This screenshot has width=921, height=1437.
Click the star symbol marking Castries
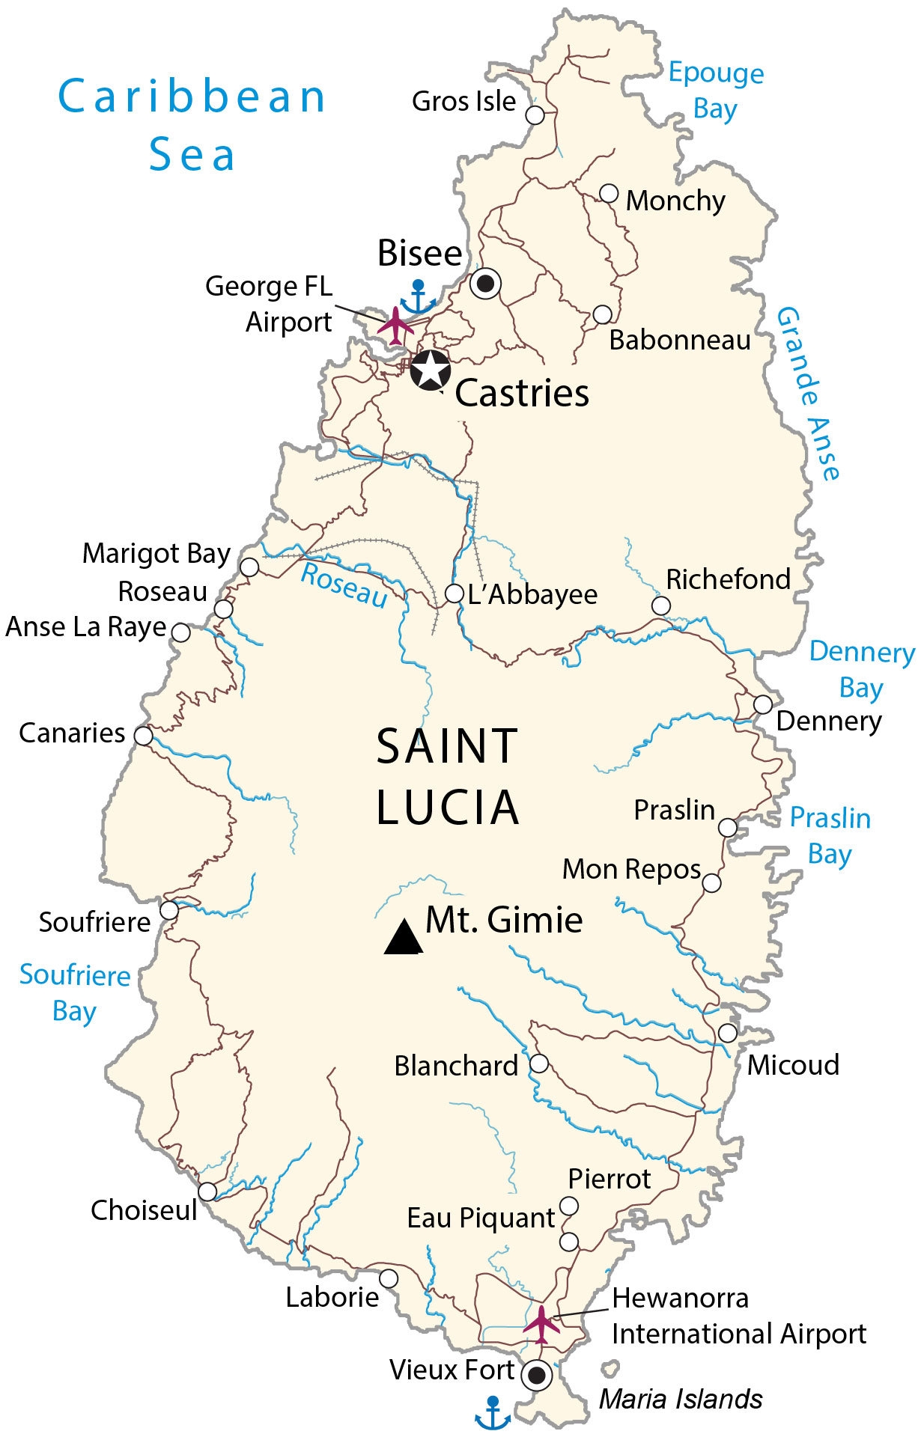tap(431, 370)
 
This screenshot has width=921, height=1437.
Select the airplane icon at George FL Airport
tap(396, 325)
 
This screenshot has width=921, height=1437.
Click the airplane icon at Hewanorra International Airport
tap(541, 1323)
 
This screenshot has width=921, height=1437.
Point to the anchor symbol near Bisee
tap(418, 298)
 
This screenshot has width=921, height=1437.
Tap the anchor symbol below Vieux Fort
tap(493, 1413)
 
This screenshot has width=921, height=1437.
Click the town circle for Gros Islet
tap(535, 115)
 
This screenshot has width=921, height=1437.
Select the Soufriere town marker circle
tap(170, 910)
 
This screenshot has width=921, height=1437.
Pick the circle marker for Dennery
tap(762, 704)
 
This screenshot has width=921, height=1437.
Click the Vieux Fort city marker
tap(536, 1375)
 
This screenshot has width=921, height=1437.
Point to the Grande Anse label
tap(809, 393)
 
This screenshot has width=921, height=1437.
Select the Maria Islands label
tap(680, 1399)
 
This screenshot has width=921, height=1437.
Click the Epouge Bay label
tap(716, 91)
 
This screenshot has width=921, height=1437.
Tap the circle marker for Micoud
tap(727, 1033)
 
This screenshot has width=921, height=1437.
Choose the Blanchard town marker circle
tap(538, 1064)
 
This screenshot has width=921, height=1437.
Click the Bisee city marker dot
tap(486, 284)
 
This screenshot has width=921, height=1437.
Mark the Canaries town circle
tap(143, 736)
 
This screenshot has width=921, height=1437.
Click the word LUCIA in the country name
tap(447, 808)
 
